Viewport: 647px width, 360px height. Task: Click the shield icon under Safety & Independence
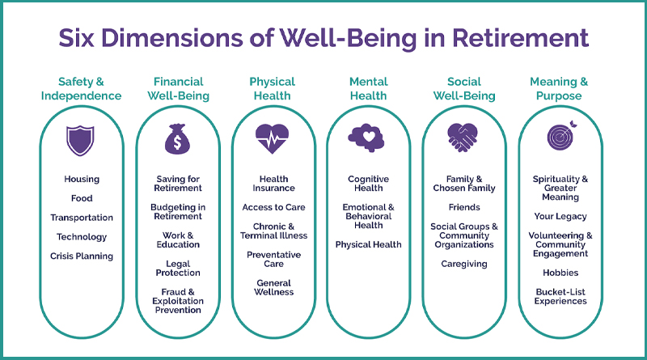80,141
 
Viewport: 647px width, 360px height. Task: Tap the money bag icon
177,139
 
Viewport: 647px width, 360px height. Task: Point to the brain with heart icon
366,138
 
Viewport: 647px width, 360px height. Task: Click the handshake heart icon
463,138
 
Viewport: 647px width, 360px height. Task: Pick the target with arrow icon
561,136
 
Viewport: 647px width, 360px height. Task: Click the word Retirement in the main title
520,38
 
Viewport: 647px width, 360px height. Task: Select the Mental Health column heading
369,89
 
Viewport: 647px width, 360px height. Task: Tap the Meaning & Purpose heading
559,89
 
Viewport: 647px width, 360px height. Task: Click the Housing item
82,179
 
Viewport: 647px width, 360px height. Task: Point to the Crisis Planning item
82,256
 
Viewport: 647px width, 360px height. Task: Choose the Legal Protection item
178,269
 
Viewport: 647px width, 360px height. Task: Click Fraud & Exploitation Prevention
178,301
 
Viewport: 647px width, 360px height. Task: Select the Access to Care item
273,207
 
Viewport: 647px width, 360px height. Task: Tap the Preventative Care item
273,259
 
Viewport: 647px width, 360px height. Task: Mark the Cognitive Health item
369,184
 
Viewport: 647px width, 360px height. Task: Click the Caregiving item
464,265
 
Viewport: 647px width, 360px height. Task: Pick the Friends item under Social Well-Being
464,207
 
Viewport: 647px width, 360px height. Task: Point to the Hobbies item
560,273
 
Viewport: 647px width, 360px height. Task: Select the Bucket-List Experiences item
560,296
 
